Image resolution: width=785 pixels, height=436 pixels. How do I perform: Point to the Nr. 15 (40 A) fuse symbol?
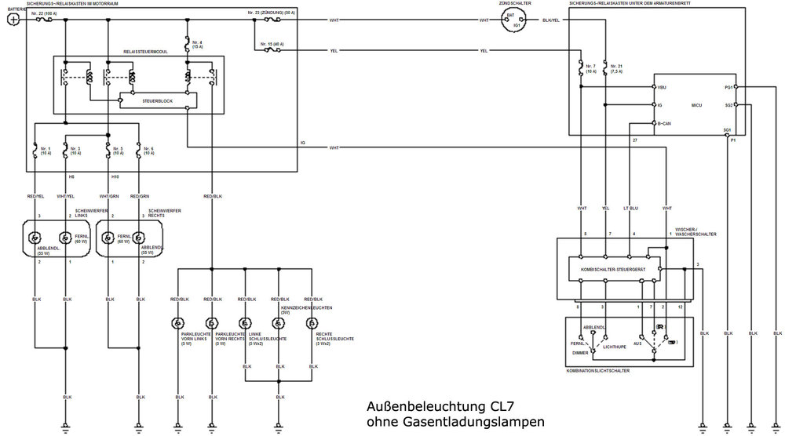pyautogui.click(x=272, y=50)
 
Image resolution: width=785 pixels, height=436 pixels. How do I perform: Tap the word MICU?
pyautogui.click(x=696, y=104)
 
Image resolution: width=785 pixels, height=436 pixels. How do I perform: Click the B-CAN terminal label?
pyautogui.click(x=664, y=123)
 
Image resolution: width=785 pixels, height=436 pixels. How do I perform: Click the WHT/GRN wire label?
pyautogui.click(x=108, y=196)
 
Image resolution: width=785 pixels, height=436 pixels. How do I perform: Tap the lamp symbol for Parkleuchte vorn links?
pyautogui.click(x=178, y=323)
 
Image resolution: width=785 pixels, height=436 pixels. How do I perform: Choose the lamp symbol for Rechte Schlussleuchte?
pyautogui.click(x=313, y=323)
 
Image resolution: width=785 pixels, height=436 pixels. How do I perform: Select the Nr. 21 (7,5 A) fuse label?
pyautogui.click(x=615, y=68)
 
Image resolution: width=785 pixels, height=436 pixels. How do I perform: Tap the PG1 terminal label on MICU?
pyautogui.click(x=728, y=87)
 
